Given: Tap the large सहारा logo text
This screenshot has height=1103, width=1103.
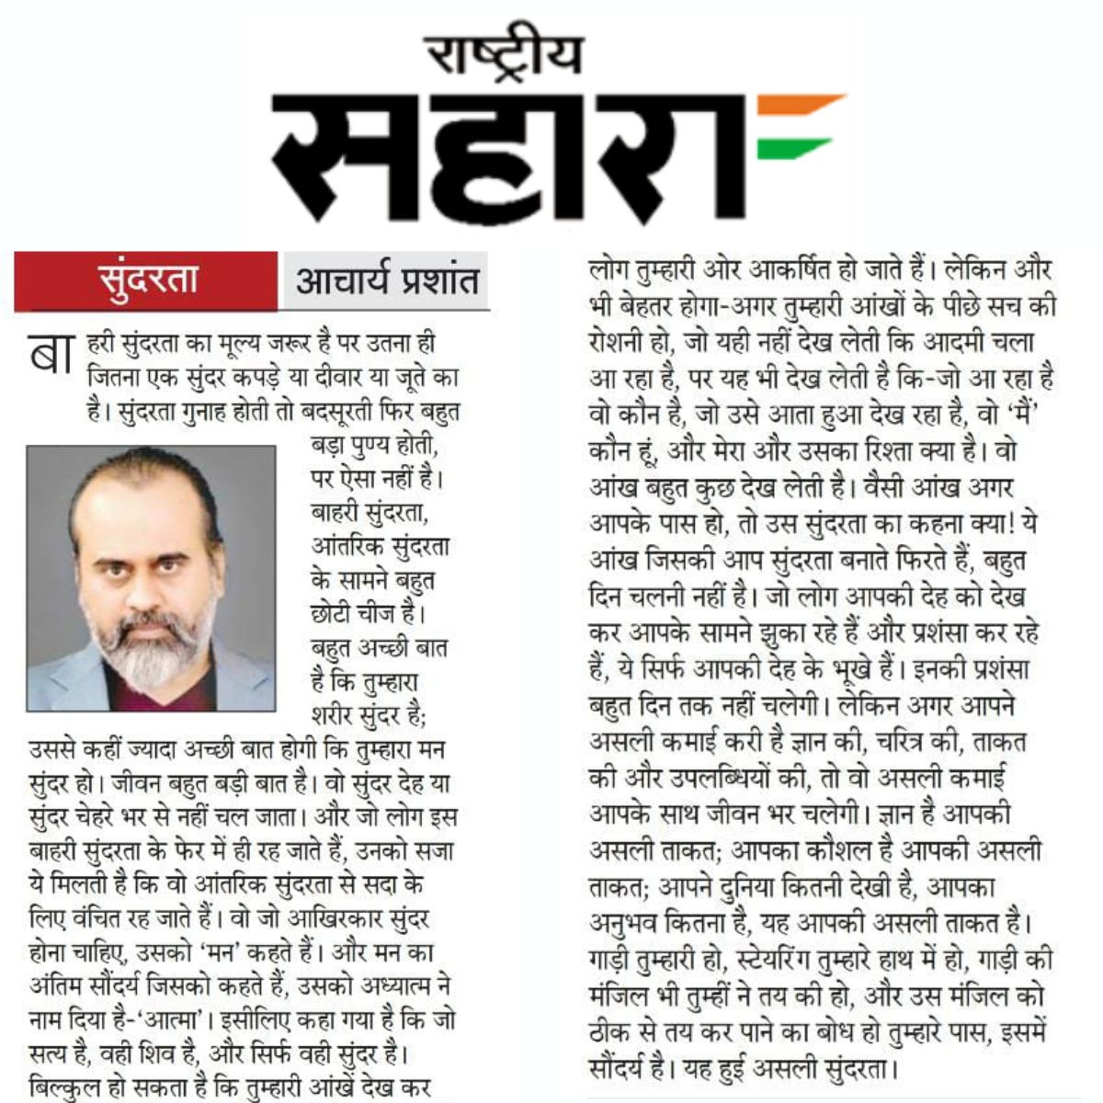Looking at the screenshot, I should (x=515, y=152).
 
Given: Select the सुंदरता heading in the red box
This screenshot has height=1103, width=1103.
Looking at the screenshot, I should (x=148, y=279).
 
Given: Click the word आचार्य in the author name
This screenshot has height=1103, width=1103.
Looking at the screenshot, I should (x=345, y=280).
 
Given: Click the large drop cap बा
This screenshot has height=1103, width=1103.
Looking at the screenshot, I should (x=51, y=353).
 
